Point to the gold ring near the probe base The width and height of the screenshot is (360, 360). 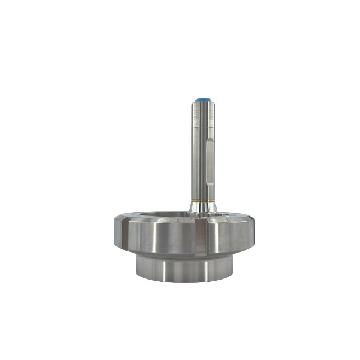[x=202, y=200]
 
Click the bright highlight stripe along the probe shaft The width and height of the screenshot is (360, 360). [x=199, y=163]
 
